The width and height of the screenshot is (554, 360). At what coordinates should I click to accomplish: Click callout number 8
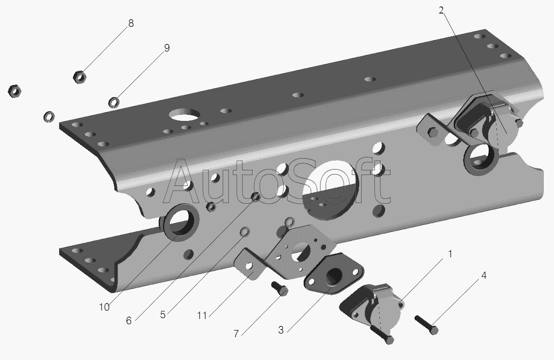pos(131,24)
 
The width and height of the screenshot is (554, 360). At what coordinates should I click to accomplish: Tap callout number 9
pos(167,48)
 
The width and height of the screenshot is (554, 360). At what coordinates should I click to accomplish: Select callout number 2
pos(441,11)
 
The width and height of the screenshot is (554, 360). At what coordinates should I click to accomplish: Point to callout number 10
pos(104,307)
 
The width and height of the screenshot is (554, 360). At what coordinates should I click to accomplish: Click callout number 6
pos(129,321)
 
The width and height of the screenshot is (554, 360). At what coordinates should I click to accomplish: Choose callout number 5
pos(162,315)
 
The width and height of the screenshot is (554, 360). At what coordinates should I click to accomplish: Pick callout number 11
pos(202,315)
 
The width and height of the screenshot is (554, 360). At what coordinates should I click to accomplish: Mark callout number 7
pos(236,333)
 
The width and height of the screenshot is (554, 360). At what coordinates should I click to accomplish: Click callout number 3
pos(281,330)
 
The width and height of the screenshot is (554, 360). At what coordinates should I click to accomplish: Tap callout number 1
pos(450,254)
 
